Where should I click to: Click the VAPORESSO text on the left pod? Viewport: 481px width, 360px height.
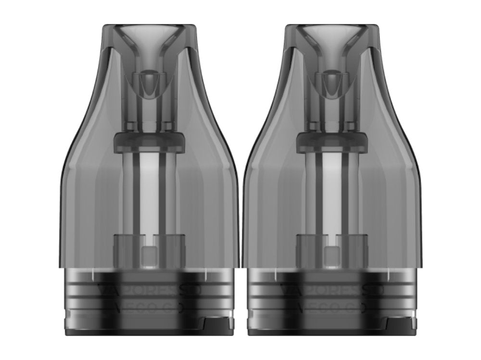click(x=149, y=290)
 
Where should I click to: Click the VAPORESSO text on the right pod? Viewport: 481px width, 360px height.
click(x=332, y=290)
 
